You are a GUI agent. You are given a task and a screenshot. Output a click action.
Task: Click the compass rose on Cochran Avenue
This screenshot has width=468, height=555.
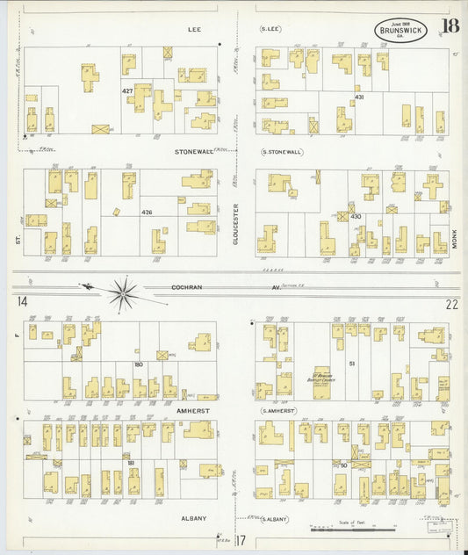(x=124, y=292)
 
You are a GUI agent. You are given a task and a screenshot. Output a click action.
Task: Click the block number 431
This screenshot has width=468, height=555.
(x=358, y=97)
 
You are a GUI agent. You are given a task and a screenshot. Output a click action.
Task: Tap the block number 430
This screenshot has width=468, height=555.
(x=356, y=216)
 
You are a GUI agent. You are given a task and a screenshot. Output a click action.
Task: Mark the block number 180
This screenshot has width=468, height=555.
(x=138, y=364)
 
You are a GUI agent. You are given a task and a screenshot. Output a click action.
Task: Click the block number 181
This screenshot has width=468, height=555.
(x=131, y=462)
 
